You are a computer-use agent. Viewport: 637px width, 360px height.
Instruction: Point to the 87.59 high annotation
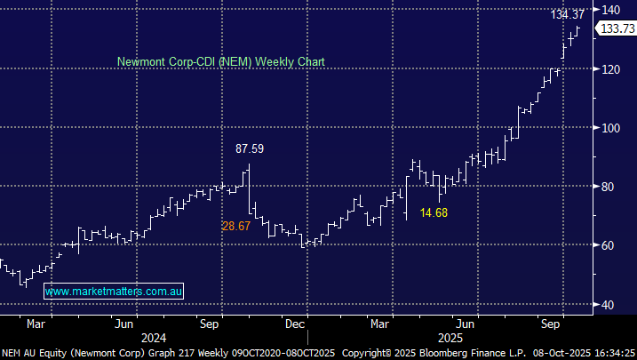tap(249, 148)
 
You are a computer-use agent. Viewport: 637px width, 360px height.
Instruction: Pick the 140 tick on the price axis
tap(610, 10)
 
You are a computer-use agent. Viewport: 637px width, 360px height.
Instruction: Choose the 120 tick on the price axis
tap(610, 68)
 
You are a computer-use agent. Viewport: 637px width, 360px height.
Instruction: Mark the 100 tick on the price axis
tap(610, 127)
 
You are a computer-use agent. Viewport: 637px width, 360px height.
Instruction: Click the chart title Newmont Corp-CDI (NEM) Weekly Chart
tap(221, 62)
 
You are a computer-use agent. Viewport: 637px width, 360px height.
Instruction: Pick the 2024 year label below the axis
tap(154, 338)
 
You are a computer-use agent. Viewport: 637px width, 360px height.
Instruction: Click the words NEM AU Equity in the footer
tap(34, 353)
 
